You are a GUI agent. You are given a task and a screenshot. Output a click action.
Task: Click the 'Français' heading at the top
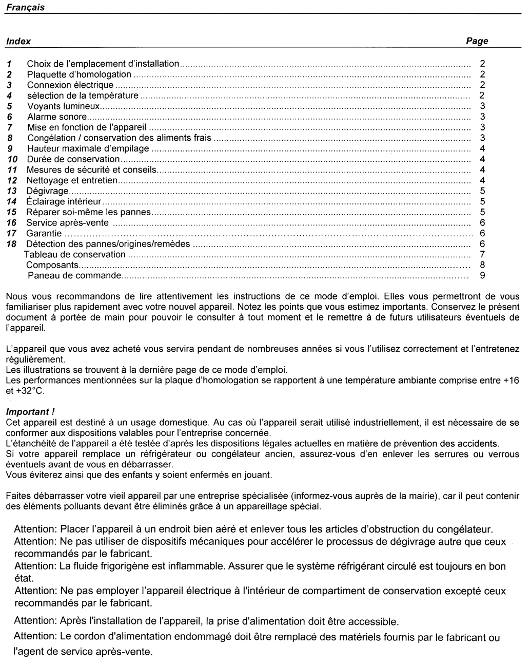click(25, 7)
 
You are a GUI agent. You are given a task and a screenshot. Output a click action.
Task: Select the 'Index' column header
click(18, 41)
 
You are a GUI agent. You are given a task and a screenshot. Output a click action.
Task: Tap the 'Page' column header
click(477, 41)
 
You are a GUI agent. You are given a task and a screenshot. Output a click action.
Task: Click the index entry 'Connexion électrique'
click(70, 85)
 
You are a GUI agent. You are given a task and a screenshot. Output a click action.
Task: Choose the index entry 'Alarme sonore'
click(56, 117)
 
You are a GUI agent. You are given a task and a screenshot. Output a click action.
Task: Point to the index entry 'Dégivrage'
click(47, 191)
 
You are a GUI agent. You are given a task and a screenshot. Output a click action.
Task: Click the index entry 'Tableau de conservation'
click(75, 254)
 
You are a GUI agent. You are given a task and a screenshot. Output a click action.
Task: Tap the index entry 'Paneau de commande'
click(74, 276)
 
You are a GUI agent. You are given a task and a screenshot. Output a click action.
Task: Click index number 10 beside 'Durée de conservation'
click(13, 159)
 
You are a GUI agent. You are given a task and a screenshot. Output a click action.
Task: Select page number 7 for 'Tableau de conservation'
click(482, 254)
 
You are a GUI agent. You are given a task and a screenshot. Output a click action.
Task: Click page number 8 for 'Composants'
click(482, 265)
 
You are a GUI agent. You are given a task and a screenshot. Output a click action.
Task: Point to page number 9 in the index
click(482, 276)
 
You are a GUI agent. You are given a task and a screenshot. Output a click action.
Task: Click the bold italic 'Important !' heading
click(30, 412)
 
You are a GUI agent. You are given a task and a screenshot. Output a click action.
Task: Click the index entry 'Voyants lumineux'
click(63, 106)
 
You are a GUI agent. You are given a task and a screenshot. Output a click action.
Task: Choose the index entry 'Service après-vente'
click(67, 222)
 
